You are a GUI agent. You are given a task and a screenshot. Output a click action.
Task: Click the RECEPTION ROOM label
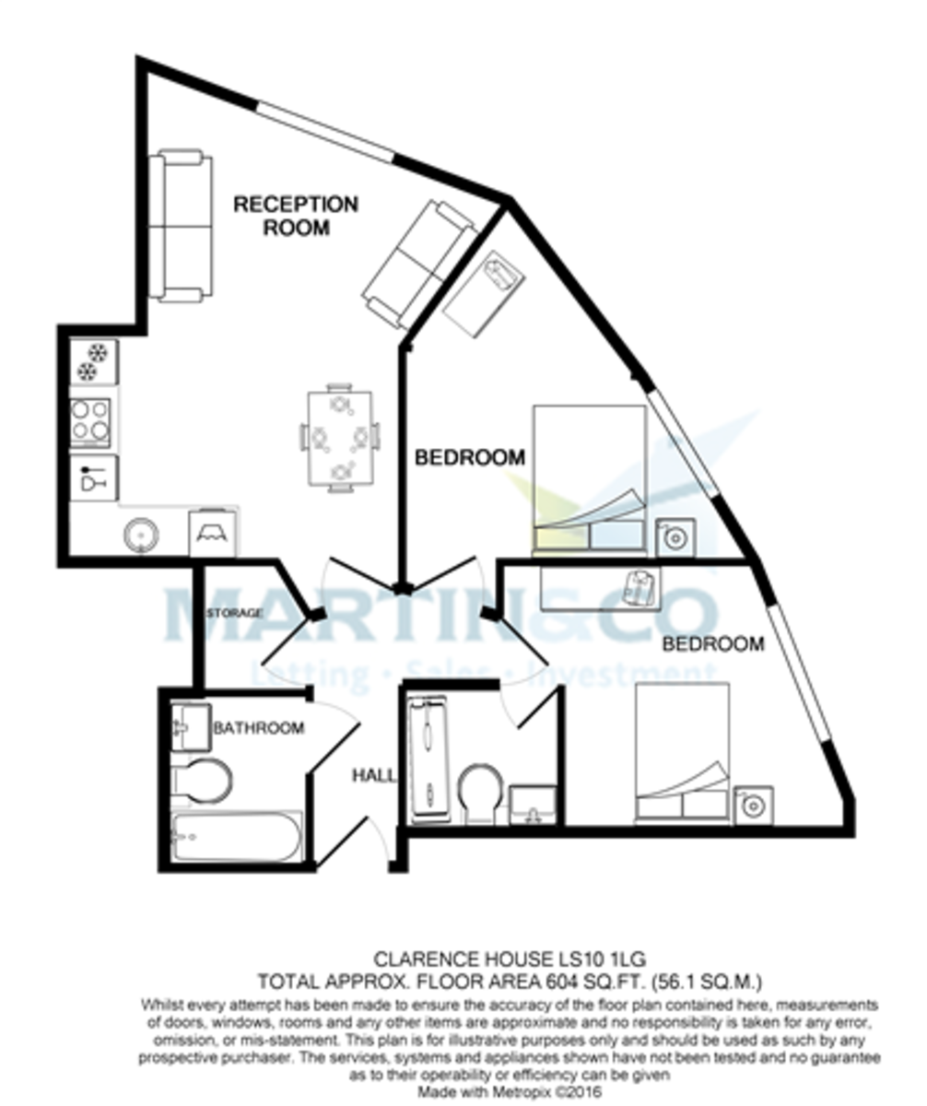pyautogui.click(x=295, y=216)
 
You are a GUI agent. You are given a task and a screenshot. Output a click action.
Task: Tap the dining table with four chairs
pyautogui.click(x=339, y=437)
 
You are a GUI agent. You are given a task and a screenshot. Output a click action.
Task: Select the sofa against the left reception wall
pyautogui.click(x=181, y=226)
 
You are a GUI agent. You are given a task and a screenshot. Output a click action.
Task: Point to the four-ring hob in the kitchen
pyautogui.click(x=92, y=419)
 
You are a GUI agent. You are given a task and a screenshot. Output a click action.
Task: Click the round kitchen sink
pyautogui.click(x=141, y=533)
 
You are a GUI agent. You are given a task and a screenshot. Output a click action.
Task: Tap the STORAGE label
pyautogui.click(x=234, y=613)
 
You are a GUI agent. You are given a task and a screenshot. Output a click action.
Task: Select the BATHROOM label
pyautogui.click(x=258, y=728)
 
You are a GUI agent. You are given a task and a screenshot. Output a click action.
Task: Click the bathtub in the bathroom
pyautogui.click(x=236, y=837)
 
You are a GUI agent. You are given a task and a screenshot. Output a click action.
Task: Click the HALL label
pyautogui.click(x=374, y=776)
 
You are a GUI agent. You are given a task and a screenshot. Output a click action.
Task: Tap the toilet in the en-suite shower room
pyautogui.click(x=479, y=792)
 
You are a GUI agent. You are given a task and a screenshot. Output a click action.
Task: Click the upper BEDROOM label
pyautogui.click(x=469, y=457)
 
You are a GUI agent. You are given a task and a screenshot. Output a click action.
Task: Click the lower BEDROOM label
pyautogui.click(x=713, y=644)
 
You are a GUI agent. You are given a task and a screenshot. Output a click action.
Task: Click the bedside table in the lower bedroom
pyautogui.click(x=753, y=805)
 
